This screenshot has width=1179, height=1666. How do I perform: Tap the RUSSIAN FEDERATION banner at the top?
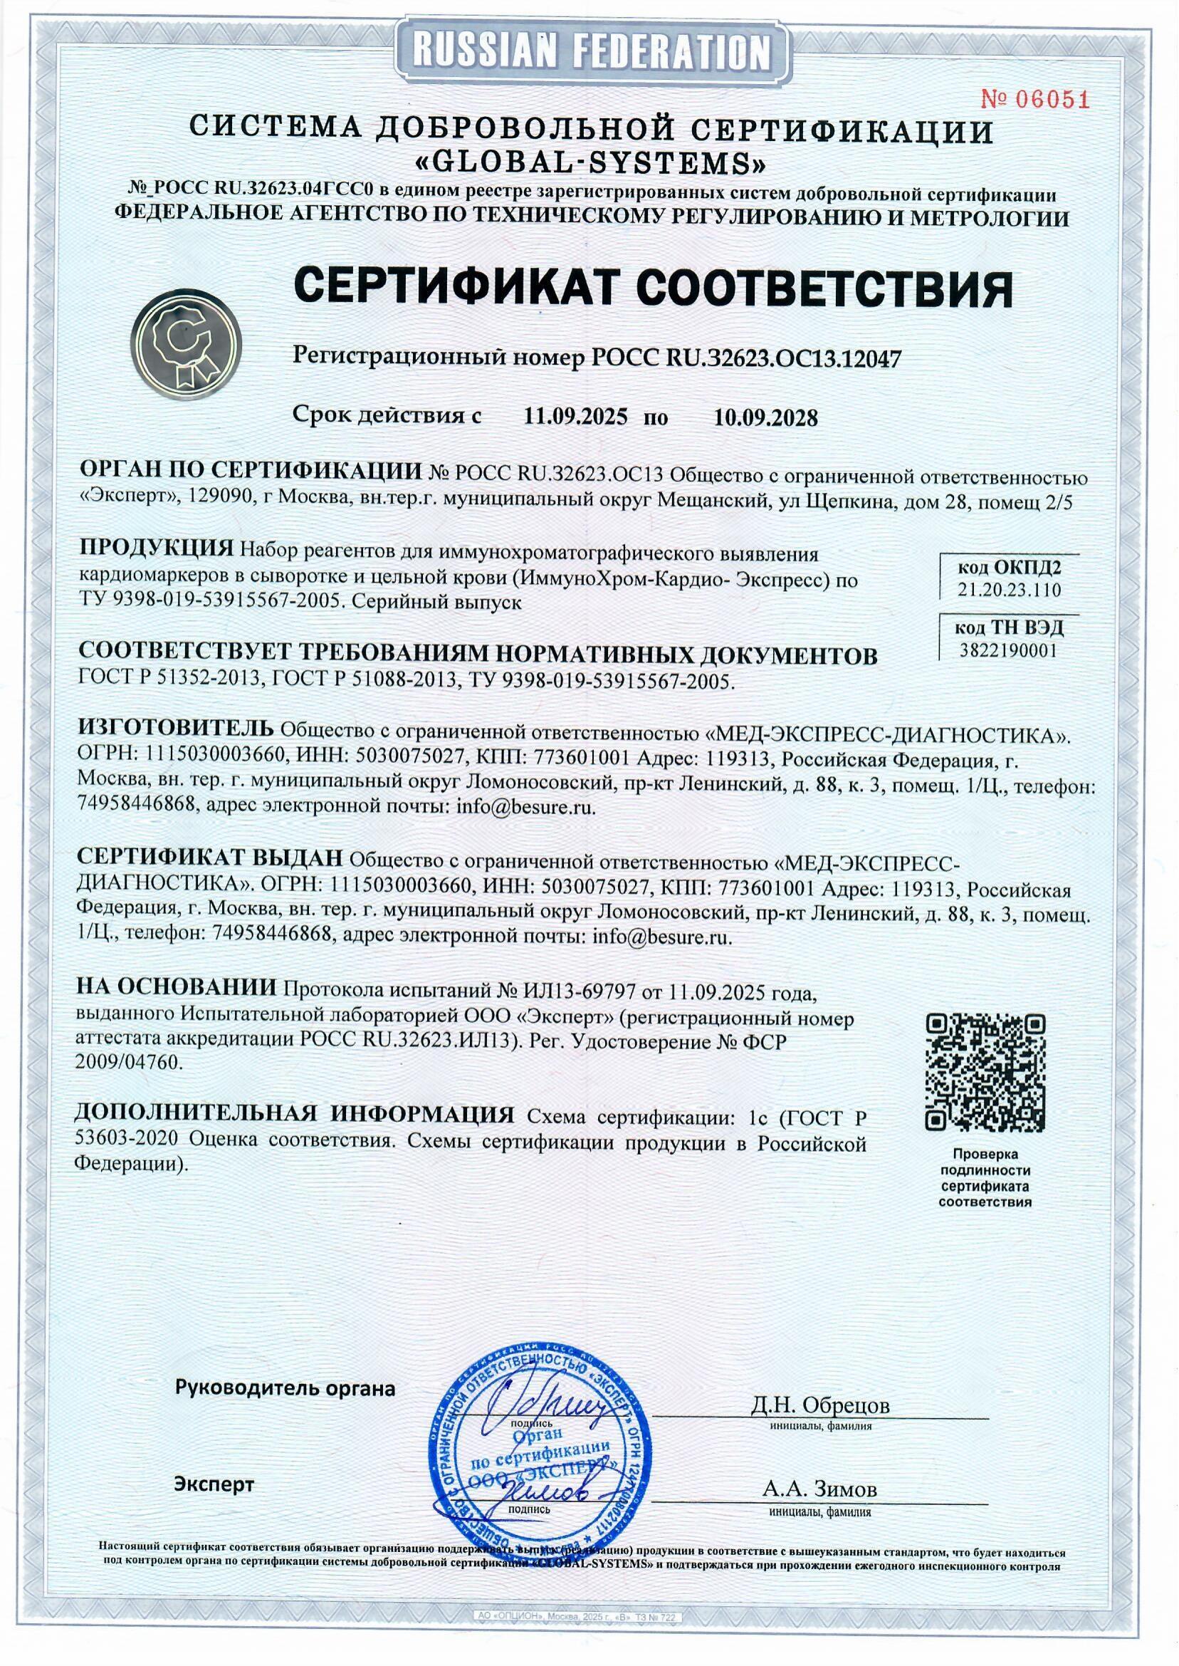pos(589,53)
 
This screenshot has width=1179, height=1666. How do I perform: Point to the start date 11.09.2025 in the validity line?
pos(576,417)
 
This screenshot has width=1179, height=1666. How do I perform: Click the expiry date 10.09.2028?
pos(766,417)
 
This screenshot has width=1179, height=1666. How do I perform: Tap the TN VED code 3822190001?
pos(1008,650)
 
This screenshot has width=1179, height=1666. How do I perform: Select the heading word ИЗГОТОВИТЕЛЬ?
pos(177,729)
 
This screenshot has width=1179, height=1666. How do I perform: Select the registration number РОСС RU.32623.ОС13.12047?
pos(747,358)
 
